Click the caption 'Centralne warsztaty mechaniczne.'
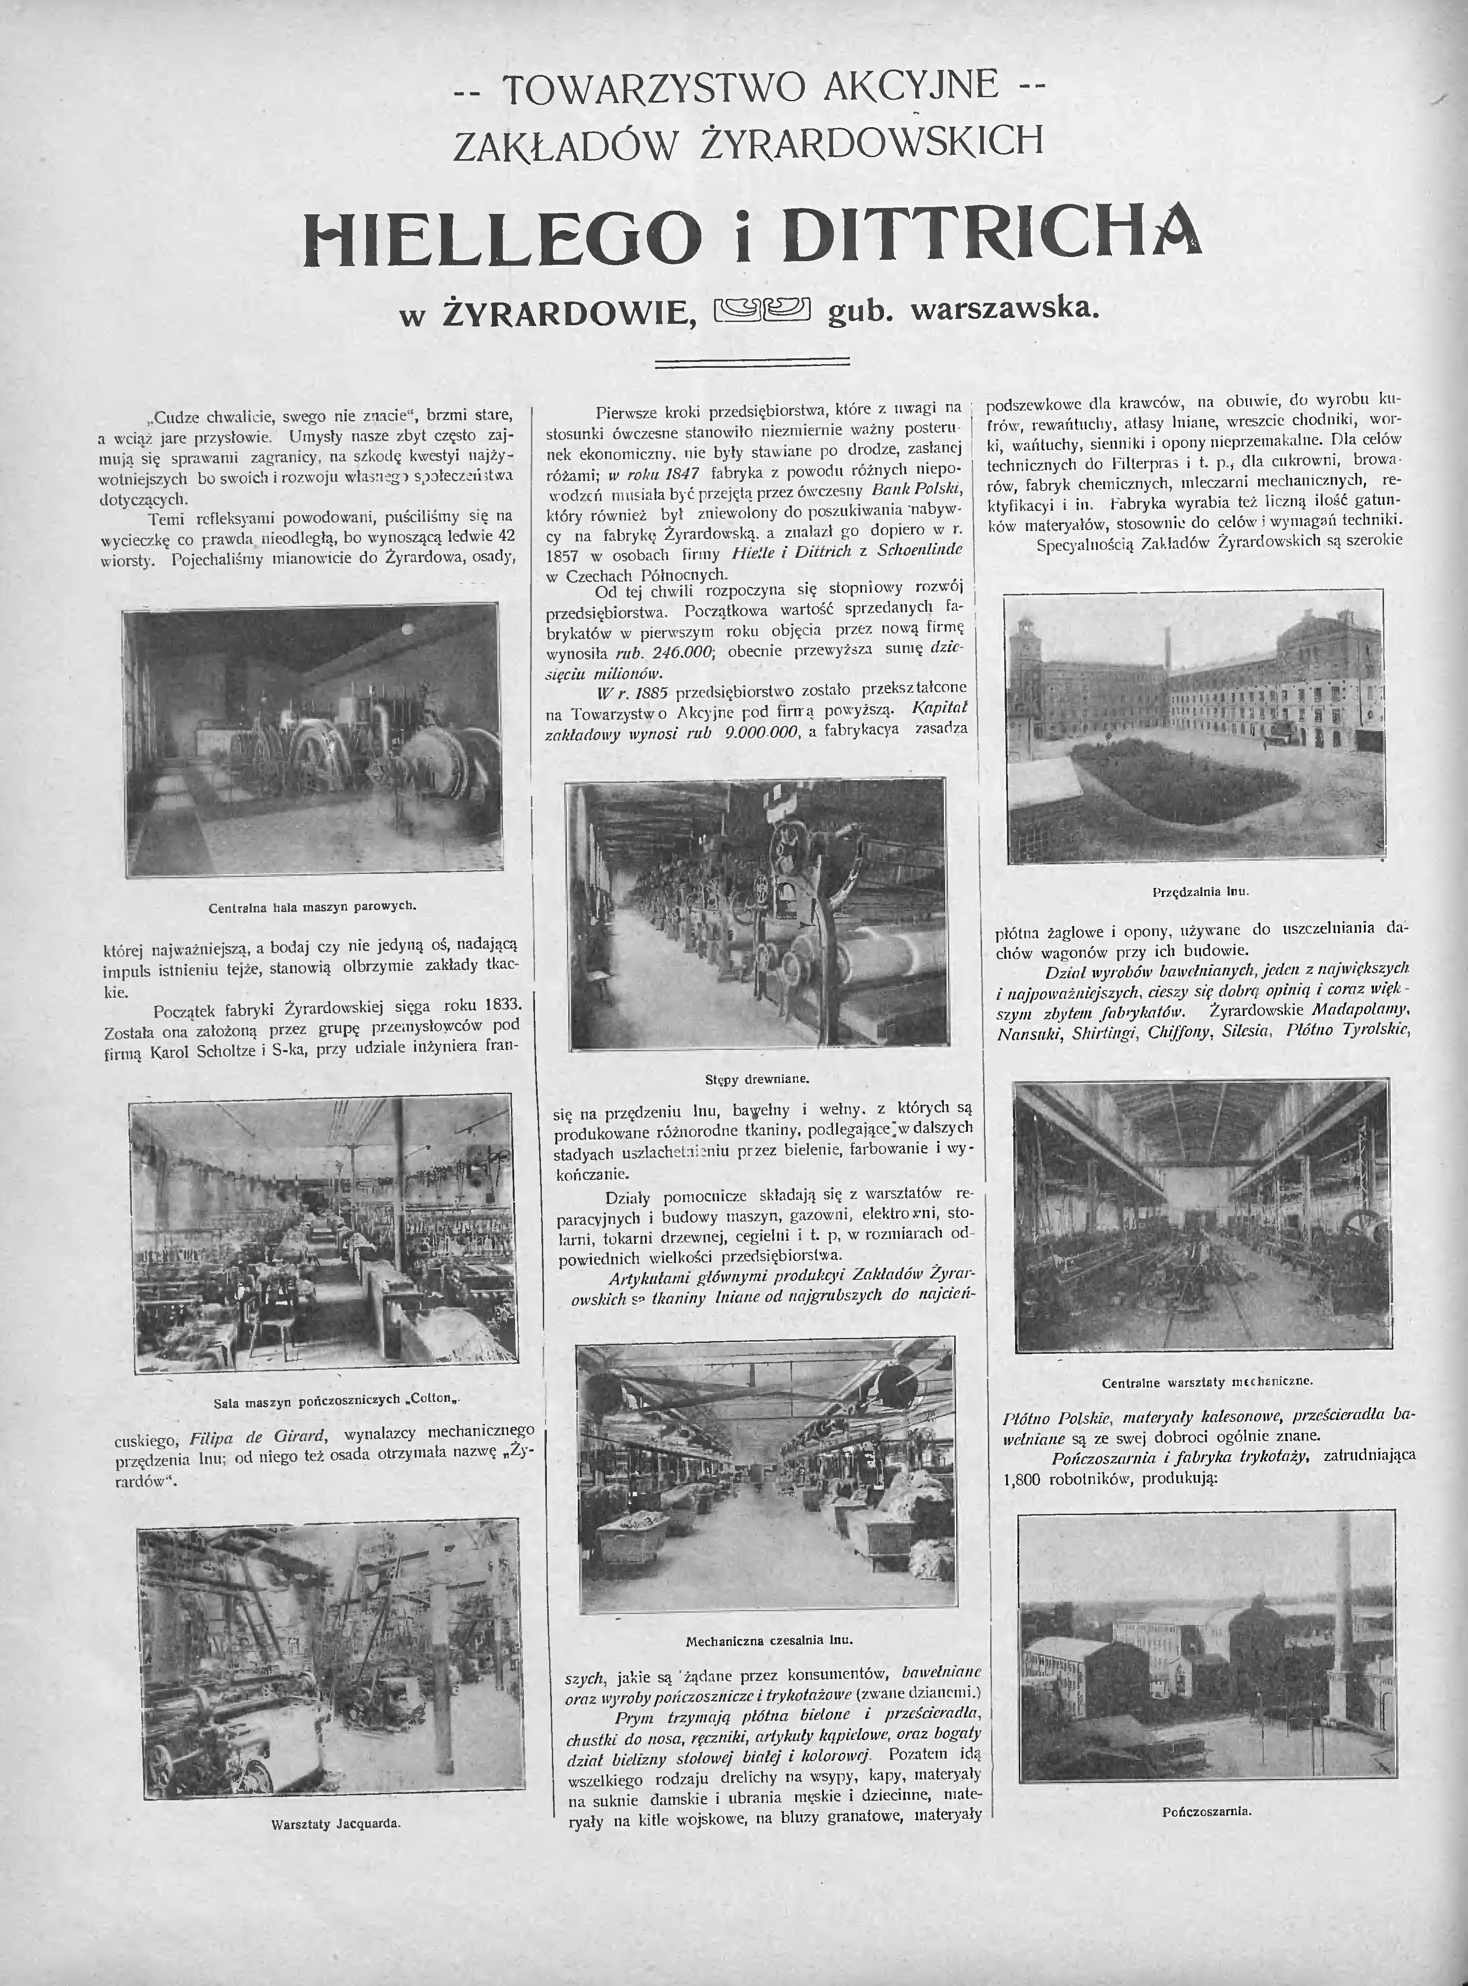(x=1207, y=1382)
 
